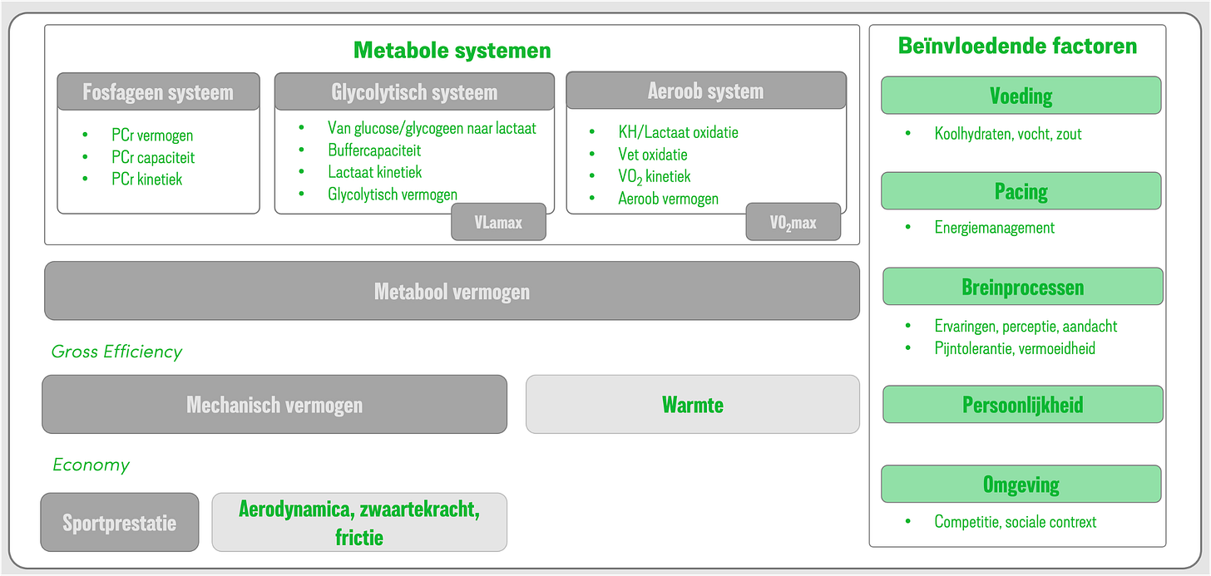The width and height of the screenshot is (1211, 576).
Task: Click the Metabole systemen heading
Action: pos(452,50)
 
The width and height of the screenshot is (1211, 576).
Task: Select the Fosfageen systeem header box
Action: pos(158,92)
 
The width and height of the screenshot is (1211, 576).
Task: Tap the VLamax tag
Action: pos(498,222)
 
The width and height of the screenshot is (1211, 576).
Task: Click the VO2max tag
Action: pos(793,222)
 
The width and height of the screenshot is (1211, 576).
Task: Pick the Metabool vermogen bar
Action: pos(452,291)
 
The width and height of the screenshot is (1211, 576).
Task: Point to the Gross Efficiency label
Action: pos(116,352)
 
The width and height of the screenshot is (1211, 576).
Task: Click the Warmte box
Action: pos(693,404)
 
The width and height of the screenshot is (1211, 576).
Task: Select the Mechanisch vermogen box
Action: pos(274,404)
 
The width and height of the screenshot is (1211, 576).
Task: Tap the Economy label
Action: pos(91,465)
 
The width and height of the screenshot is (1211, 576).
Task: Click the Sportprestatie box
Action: pos(120,522)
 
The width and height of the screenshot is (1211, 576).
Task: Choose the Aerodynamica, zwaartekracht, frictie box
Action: pos(359,522)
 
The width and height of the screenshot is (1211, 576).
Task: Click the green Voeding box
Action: pos(1021,96)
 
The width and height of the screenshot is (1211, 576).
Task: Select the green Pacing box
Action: pos(1021,190)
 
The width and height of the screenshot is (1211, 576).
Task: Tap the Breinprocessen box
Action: pos(1023,287)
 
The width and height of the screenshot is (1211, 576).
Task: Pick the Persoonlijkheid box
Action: pos(1023,404)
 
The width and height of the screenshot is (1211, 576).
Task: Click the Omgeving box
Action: pos(1021,484)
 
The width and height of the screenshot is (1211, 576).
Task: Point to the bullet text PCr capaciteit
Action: pos(153,157)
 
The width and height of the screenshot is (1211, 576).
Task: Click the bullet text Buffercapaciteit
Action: pos(374,150)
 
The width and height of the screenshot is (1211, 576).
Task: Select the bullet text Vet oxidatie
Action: pos(653,155)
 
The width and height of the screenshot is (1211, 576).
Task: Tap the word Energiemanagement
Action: pos(994,228)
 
